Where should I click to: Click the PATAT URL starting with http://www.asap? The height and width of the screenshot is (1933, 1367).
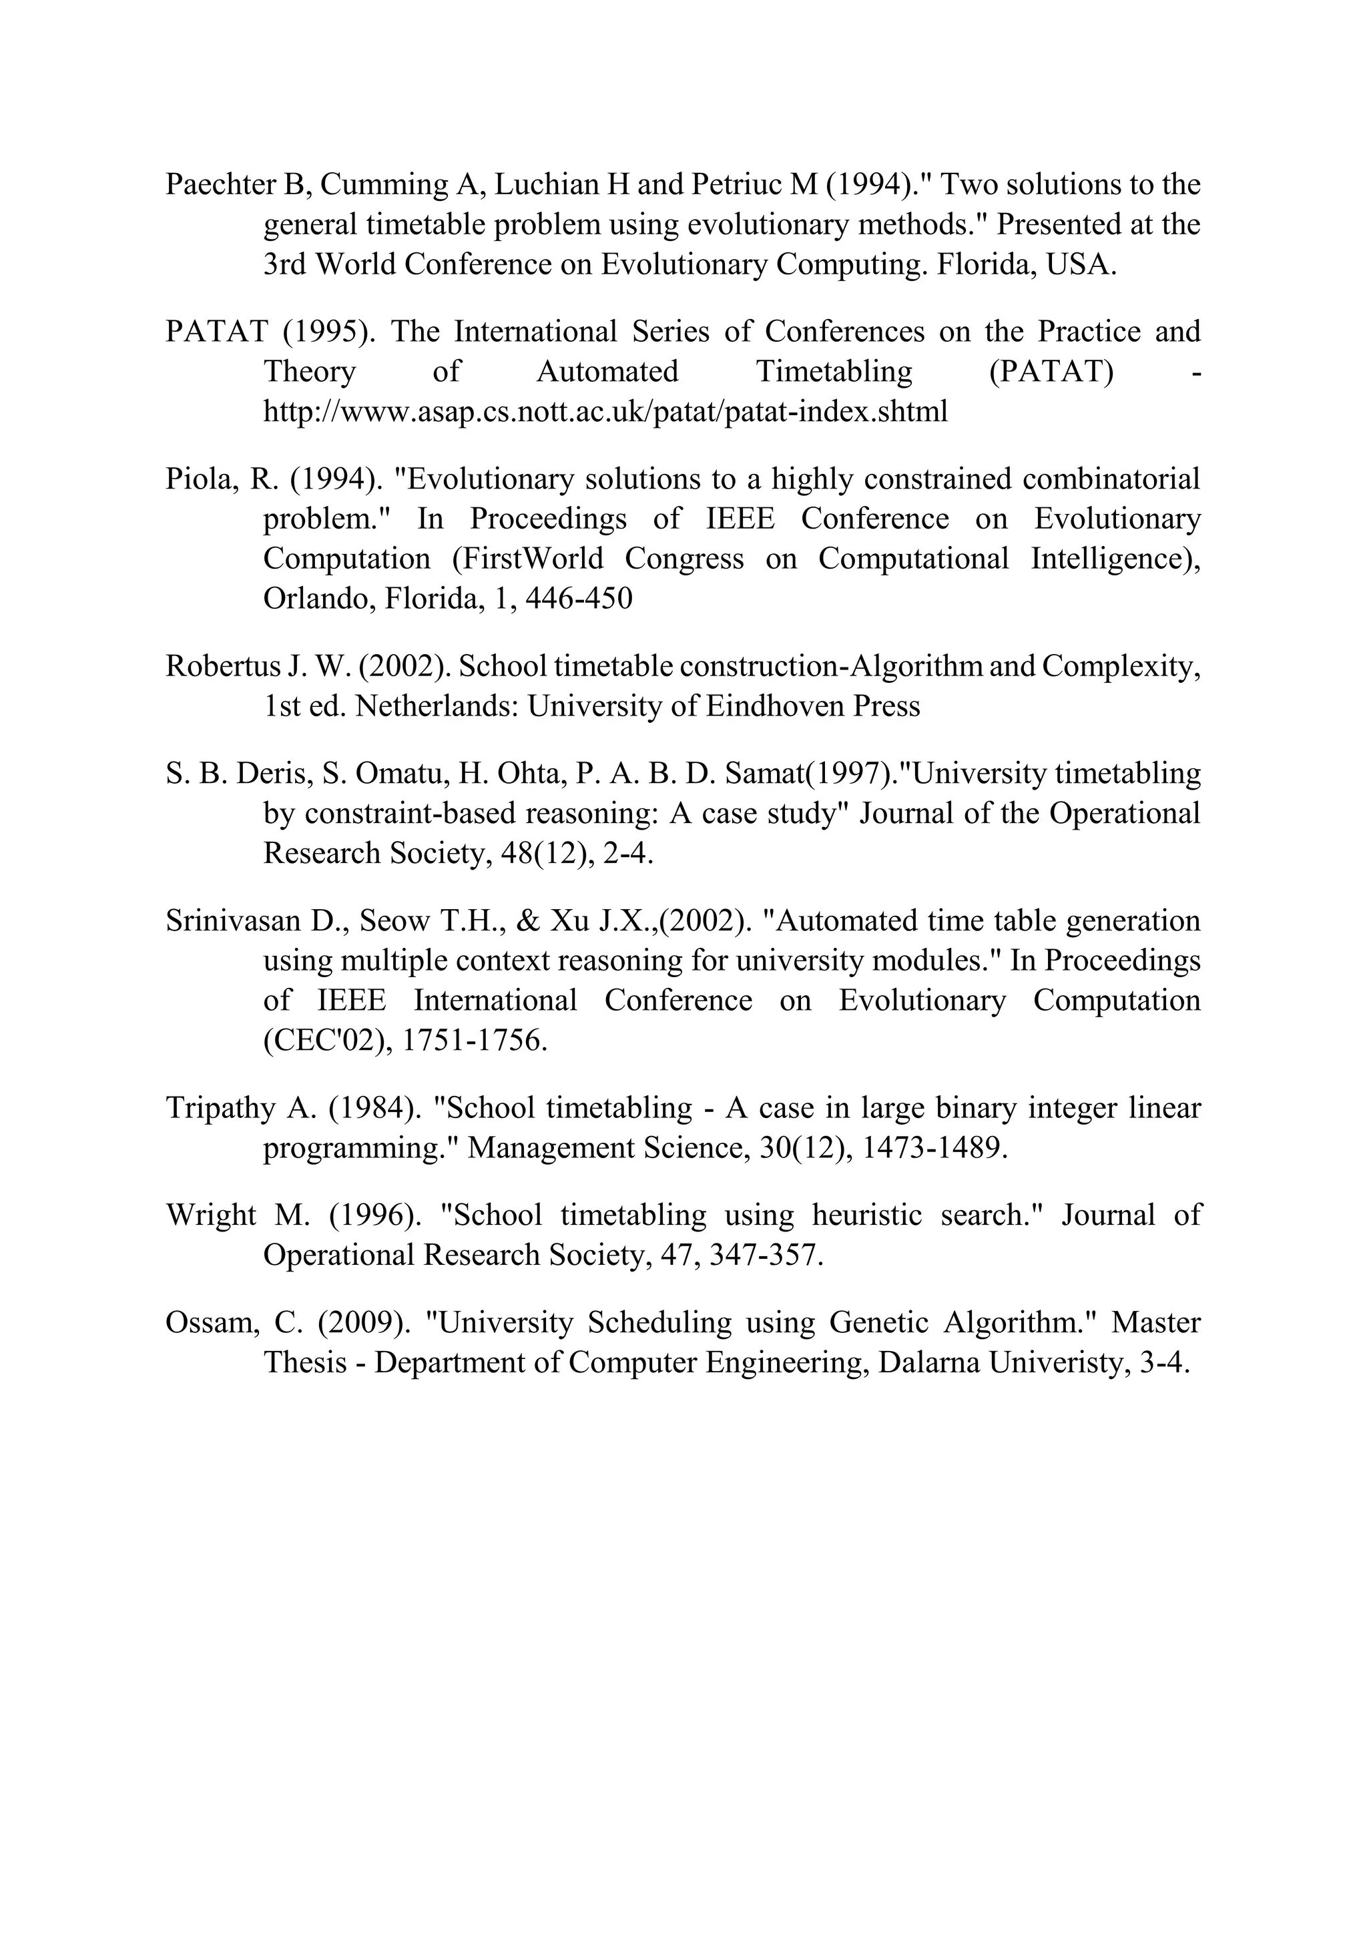pyautogui.click(x=605, y=412)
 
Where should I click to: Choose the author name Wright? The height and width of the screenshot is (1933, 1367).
pyautogui.click(x=210, y=1215)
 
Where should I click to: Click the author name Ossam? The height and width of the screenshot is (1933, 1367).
pyautogui.click(x=209, y=1323)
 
